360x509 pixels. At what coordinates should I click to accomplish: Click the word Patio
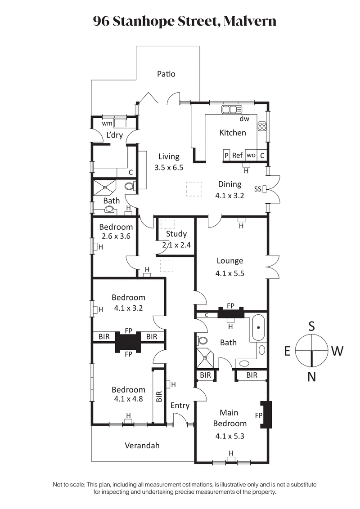tap(166, 74)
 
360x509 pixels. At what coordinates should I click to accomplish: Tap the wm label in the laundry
tap(107, 123)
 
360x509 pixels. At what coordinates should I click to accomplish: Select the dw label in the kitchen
tap(244, 119)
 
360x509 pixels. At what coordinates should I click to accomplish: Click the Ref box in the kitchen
tap(237, 155)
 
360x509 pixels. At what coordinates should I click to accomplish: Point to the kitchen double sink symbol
tap(232, 109)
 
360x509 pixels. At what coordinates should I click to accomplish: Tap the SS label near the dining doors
tap(258, 188)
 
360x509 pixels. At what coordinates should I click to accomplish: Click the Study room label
tap(176, 234)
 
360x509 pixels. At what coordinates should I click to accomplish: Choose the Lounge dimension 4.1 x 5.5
tap(230, 272)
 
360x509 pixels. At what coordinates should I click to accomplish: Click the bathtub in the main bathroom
tap(258, 327)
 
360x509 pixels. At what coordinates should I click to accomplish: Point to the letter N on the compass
tap(311, 377)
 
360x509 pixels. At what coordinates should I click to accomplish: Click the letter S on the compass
tap(311, 326)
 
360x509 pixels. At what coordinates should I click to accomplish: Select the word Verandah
tap(142, 446)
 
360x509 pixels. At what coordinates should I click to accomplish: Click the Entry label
tap(180, 406)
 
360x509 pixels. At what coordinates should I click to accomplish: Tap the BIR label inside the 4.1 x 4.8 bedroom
tap(158, 396)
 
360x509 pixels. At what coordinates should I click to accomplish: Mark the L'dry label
tap(114, 135)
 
